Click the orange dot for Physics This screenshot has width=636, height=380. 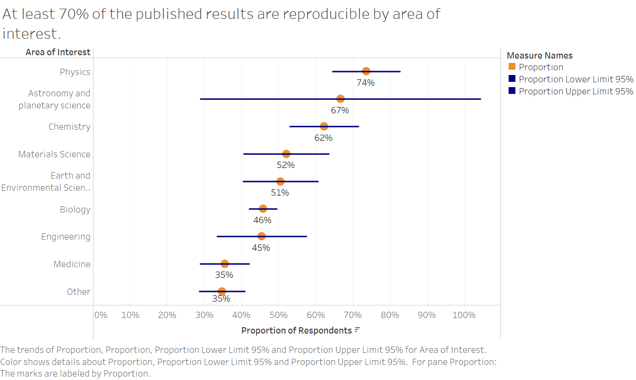(x=366, y=71)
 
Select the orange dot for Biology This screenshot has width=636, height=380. (x=263, y=209)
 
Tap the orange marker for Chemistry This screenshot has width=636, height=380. (x=324, y=126)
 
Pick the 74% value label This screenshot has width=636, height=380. (x=366, y=83)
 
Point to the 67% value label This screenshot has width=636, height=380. (x=340, y=110)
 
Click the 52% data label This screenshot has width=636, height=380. (x=286, y=165)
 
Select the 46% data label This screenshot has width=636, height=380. (x=262, y=220)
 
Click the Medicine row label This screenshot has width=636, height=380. (x=72, y=264)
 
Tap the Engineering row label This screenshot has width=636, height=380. (x=65, y=237)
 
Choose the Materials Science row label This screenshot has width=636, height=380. (x=54, y=154)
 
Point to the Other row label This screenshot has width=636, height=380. (x=78, y=292)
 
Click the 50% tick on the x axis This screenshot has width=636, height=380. (x=279, y=315)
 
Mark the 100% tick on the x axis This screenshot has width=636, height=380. (x=464, y=315)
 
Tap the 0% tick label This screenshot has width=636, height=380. (x=100, y=315)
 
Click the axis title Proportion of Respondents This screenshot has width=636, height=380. (x=296, y=331)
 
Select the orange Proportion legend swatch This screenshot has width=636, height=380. (x=512, y=67)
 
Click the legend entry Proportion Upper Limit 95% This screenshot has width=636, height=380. (x=575, y=91)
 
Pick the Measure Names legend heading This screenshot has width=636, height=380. (x=540, y=56)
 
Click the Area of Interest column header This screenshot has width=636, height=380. (x=58, y=52)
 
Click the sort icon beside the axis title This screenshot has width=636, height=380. (x=357, y=330)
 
